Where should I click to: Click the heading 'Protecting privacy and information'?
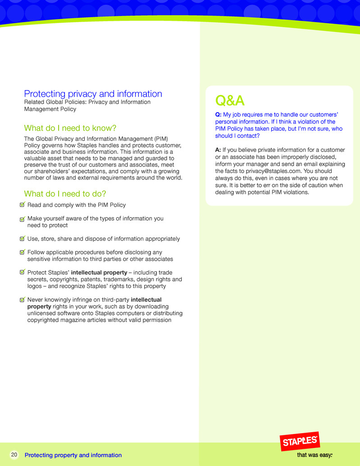pos(93,94)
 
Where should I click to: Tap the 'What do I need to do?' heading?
pos(65,194)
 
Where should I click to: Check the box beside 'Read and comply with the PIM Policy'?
pos(23,205)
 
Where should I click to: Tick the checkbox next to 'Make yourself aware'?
pos(23,219)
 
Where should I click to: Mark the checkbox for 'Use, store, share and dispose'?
pos(23,238)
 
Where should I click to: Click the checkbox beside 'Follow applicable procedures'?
pos(23,252)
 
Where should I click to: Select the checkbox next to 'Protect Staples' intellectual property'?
pos(23,272)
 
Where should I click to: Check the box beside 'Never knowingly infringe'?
pos(23,299)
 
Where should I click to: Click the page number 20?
pos(14,455)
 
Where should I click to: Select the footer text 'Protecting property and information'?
pos(73,455)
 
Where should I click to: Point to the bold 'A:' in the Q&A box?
pos(219,150)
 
